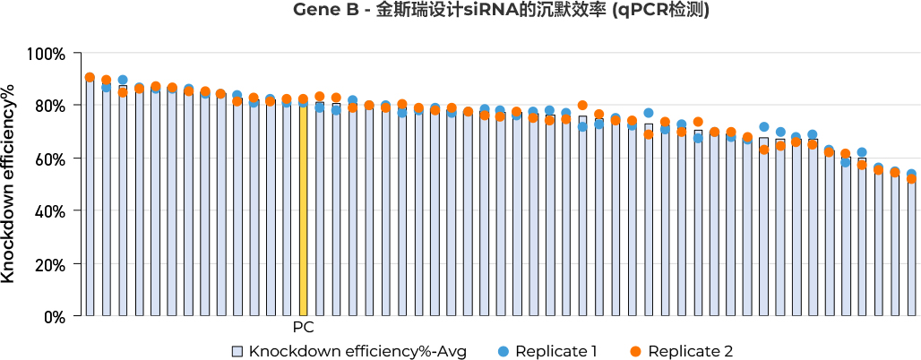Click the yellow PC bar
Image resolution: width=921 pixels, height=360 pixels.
[x=304, y=210]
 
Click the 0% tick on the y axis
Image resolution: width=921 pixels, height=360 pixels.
[x=53, y=316]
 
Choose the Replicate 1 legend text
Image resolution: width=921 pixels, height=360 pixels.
[x=556, y=350]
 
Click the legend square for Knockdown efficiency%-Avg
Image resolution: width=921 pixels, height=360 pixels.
[x=237, y=350]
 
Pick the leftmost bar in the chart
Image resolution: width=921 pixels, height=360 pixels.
[x=90, y=197]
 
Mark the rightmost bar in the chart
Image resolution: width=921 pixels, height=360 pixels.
[x=911, y=246]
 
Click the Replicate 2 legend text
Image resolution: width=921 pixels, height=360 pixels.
[x=690, y=350]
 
